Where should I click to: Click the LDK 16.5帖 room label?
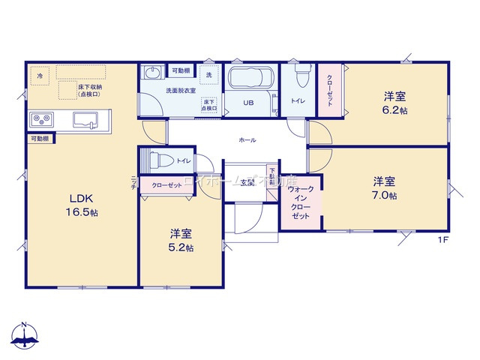click(83, 205)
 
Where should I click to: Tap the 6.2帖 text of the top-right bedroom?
click(395, 110)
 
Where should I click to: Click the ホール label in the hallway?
click(247, 140)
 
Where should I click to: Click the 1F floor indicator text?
click(443, 240)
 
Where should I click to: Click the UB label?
click(247, 104)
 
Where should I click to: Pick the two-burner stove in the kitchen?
click(40, 120)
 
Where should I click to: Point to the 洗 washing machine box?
click(209, 75)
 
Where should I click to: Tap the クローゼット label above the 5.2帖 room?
click(166, 184)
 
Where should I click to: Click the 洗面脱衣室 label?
click(181, 91)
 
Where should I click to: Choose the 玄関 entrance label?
click(245, 184)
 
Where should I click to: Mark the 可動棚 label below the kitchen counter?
click(39, 139)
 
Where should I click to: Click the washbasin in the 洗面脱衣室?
click(152, 74)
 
